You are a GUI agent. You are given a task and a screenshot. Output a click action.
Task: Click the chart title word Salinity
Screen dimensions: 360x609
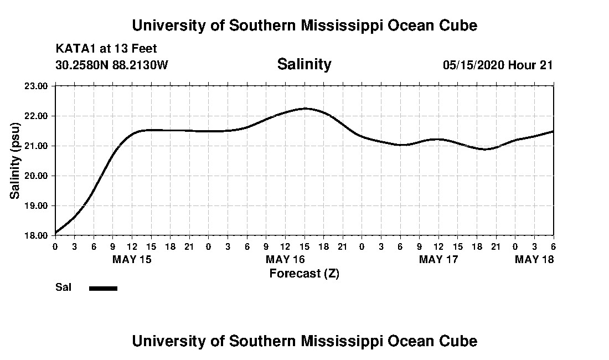pyautogui.click(x=304, y=64)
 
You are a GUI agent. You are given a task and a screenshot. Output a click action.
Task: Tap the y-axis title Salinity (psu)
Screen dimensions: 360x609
pyautogui.click(x=15, y=161)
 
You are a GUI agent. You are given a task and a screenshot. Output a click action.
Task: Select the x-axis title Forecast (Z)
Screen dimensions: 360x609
pyautogui.click(x=304, y=273)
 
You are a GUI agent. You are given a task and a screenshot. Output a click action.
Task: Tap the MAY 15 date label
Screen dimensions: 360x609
pyautogui.click(x=132, y=259)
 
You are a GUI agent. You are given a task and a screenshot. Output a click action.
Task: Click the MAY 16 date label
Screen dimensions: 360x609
pyautogui.click(x=286, y=259)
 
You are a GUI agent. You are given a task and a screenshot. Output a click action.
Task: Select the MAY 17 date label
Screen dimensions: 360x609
pyautogui.click(x=438, y=259)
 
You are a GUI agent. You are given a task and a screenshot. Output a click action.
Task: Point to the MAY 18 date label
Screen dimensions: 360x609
pyautogui.click(x=534, y=259)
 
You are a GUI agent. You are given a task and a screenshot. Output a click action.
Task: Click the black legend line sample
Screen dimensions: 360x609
pyautogui.click(x=103, y=288)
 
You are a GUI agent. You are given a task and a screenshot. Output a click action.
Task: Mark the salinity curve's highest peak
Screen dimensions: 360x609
pyautogui.click(x=305, y=109)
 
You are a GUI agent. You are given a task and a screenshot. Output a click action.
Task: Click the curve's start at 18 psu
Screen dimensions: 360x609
pyautogui.click(x=56, y=233)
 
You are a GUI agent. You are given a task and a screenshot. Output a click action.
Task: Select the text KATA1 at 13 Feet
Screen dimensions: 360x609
pyautogui.click(x=106, y=49)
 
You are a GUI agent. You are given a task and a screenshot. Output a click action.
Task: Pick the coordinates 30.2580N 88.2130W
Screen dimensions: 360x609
pyautogui.click(x=112, y=65)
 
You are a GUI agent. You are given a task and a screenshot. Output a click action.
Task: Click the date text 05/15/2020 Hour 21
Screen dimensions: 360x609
pyautogui.click(x=498, y=65)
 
